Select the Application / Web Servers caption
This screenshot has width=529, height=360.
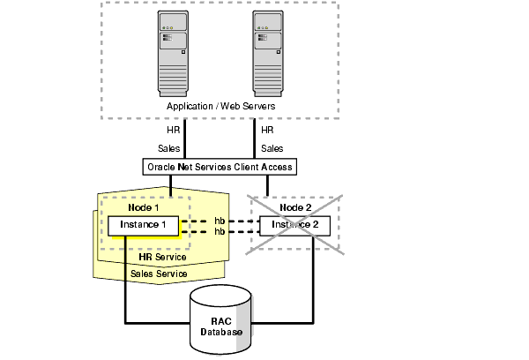220,106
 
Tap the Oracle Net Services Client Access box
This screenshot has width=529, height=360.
218,166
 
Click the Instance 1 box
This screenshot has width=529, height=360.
143,226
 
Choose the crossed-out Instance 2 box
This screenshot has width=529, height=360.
294,226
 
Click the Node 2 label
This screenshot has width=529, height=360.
295,207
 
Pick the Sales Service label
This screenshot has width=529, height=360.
159,274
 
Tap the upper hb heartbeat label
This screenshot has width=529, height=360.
219,220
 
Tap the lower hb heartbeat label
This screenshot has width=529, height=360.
219,231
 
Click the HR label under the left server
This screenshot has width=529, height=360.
174,130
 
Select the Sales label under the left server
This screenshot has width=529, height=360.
169,148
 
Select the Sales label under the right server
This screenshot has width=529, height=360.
272,148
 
